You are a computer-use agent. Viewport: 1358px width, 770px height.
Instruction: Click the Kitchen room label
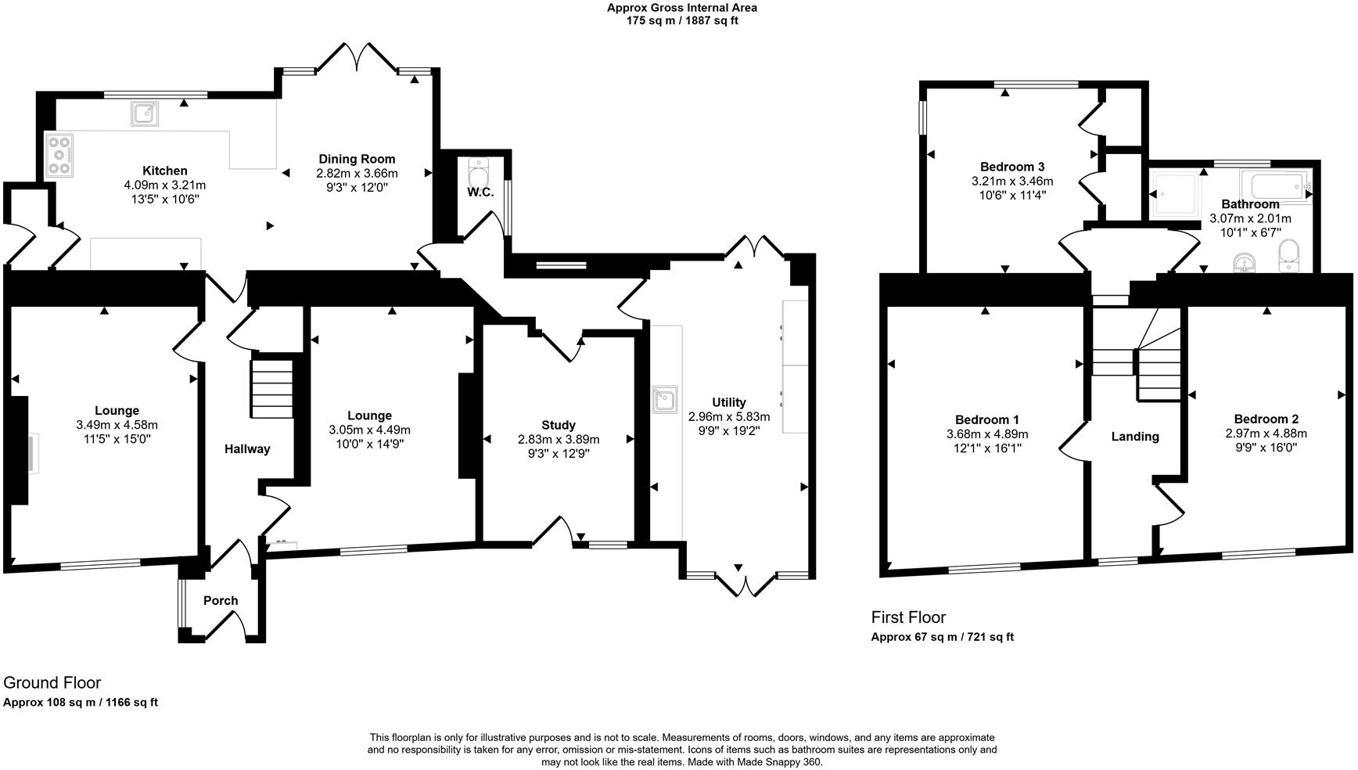tap(164, 171)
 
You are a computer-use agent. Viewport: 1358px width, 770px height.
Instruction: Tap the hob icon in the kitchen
tap(60, 156)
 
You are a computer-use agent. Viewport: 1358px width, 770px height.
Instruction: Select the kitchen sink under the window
tap(145, 115)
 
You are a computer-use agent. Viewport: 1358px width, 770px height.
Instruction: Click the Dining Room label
tap(357, 159)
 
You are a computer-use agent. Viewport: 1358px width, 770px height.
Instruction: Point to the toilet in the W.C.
tap(478, 171)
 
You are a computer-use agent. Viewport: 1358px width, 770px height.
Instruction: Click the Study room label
tap(559, 426)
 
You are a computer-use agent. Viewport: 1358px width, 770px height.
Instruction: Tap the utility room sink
tap(664, 399)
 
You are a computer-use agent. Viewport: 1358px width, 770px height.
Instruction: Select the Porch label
tap(221, 601)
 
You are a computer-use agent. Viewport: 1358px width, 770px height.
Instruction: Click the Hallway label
tap(247, 449)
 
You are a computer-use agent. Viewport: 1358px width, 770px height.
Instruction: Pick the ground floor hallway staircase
tap(271, 389)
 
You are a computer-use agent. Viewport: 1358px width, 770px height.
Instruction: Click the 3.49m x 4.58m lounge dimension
tap(117, 425)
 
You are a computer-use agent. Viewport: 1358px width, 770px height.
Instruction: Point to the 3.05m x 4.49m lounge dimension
tap(369, 430)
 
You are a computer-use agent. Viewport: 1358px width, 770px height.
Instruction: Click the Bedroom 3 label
tap(1012, 167)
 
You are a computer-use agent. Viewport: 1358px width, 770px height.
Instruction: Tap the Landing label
tap(1135, 437)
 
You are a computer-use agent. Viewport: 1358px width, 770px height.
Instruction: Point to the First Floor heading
tap(908, 617)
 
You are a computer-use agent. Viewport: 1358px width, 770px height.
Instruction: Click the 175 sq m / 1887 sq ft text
tap(682, 21)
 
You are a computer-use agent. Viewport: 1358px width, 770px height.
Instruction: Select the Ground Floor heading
tap(52, 683)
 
